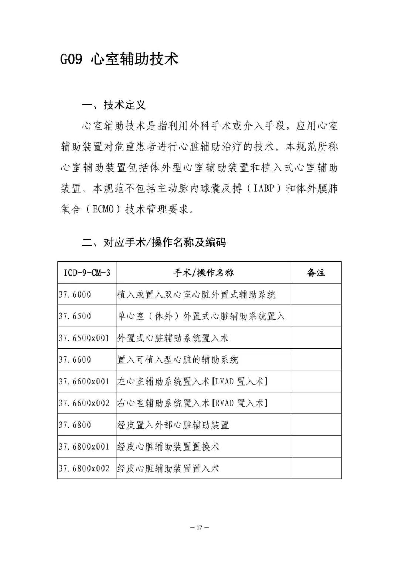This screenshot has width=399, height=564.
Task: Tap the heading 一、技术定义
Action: pyautogui.click(x=114, y=105)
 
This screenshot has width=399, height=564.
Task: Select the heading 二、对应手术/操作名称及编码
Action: pyautogui.click(x=154, y=243)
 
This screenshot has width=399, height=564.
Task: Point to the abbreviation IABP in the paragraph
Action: pyautogui.click(x=262, y=189)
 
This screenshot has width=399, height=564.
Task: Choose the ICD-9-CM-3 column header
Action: pyautogui.click(x=87, y=273)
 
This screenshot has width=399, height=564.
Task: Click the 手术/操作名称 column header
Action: pyautogui.click(x=204, y=273)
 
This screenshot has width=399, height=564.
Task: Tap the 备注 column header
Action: pyautogui.click(x=316, y=273)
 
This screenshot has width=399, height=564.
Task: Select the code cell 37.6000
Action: pyautogui.click(x=75, y=295)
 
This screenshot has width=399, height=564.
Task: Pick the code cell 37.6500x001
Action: pyautogui.click(x=84, y=338)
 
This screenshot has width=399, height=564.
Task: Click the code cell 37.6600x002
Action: pyautogui.click(x=84, y=403)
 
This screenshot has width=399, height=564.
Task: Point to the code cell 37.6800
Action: pyautogui.click(x=75, y=425)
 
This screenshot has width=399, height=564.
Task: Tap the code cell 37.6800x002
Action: pyautogui.click(x=84, y=468)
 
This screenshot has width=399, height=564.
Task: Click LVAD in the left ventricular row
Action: pyautogui.click(x=224, y=381)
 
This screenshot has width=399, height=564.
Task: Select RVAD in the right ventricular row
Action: pyautogui.click(x=224, y=403)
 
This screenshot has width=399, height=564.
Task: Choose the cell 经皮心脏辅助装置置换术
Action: pyautogui.click(x=168, y=447)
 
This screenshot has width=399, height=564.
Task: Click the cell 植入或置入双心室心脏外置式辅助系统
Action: pyautogui.click(x=196, y=295)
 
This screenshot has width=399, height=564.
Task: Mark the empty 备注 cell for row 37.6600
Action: pyautogui.click(x=316, y=359)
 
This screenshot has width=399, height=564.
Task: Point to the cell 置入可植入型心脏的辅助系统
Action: pyautogui.click(x=178, y=359)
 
